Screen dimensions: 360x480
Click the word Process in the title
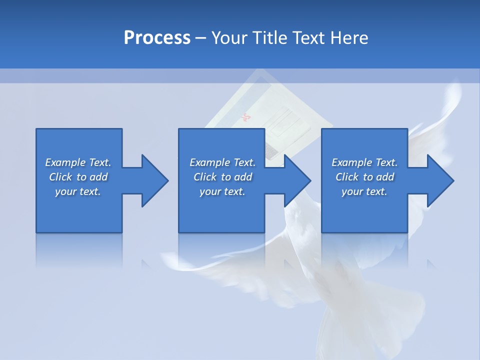click(157, 38)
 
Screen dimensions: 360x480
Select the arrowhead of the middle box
click(297, 180)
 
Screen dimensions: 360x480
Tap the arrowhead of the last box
click(440, 180)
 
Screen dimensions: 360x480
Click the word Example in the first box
click(65, 162)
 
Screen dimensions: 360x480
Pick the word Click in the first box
click(61, 177)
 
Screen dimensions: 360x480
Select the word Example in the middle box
click(209, 162)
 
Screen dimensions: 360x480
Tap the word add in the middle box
click(243, 177)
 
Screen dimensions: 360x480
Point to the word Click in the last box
click(347, 177)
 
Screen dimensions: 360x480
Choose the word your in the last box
click(352, 191)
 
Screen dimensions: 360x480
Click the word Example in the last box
click(351, 162)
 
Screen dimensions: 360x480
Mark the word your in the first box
click(65, 191)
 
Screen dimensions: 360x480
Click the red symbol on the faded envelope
click(245, 118)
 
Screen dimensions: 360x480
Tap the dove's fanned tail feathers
click(350, 310)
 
